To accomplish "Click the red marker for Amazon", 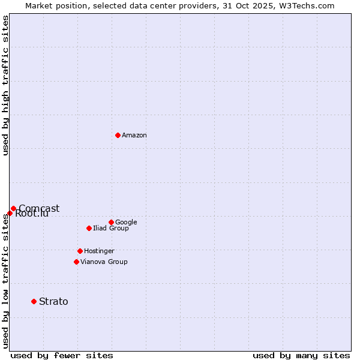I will (118, 135).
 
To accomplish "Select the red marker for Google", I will (111, 222).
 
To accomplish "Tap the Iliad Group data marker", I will (89, 228).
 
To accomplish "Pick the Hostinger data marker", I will (80, 251).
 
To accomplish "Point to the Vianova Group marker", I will (76, 262).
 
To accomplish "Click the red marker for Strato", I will (34, 301).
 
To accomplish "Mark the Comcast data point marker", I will (13, 208).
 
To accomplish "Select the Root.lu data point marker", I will (10, 213).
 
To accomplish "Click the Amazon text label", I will (134, 136).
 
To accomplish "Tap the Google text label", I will (126, 223).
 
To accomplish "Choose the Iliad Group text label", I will (111, 229).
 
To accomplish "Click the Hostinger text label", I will (99, 251).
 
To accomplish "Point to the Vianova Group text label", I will (104, 262).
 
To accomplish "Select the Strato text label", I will (53, 302).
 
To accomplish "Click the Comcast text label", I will (39, 209).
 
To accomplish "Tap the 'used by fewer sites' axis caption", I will (62, 355).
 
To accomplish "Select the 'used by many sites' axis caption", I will (301, 355).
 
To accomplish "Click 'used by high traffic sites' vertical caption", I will (6, 85).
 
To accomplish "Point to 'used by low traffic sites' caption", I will (6, 280).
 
